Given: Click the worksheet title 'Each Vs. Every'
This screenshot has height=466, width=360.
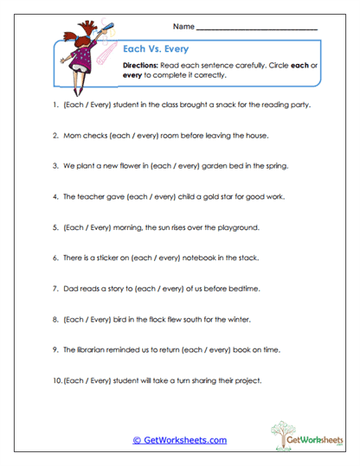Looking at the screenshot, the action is (151, 49).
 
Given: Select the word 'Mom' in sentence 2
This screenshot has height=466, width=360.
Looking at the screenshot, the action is (71, 135).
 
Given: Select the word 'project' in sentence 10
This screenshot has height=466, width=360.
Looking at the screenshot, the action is (247, 380).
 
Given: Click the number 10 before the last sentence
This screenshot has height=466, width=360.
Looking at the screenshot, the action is (56, 380).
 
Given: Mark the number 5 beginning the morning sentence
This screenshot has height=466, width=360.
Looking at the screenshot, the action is (55, 227).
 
